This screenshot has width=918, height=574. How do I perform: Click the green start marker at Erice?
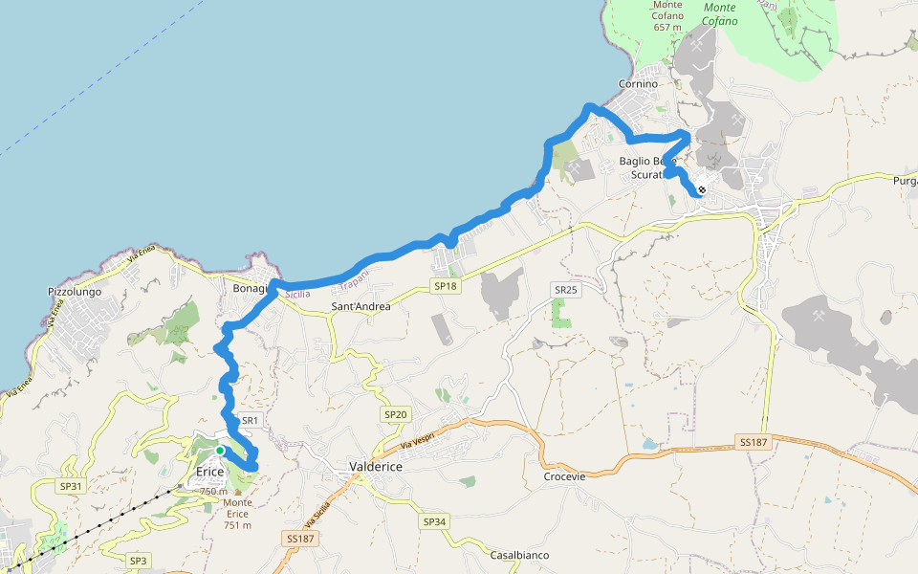pyautogui.click(x=220, y=451)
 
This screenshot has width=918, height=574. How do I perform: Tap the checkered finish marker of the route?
pyautogui.click(x=702, y=190)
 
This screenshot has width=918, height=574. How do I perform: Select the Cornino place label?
pyautogui.click(x=638, y=84)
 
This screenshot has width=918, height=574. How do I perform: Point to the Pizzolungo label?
pyautogui.click(x=75, y=292)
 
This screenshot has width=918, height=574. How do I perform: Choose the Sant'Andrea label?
pyautogui.click(x=361, y=307)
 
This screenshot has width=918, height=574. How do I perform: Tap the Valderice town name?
pyautogui.click(x=375, y=467)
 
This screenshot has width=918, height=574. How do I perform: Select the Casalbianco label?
pyautogui.click(x=519, y=556)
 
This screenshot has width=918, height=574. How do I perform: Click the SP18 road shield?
pyautogui.click(x=446, y=286)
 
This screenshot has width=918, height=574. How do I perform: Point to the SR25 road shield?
pyautogui.click(x=565, y=289)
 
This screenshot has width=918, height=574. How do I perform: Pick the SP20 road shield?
pyautogui.click(x=396, y=414)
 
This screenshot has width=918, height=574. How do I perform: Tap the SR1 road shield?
pyautogui.click(x=251, y=420)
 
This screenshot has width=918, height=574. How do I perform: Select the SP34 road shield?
pyautogui.click(x=434, y=521)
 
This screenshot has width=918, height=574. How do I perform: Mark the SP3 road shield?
pyautogui.click(x=139, y=560)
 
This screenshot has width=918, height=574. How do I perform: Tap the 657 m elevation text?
pyautogui.click(x=667, y=27)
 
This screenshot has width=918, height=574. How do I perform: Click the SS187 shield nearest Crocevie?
pyautogui.click(x=754, y=441)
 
